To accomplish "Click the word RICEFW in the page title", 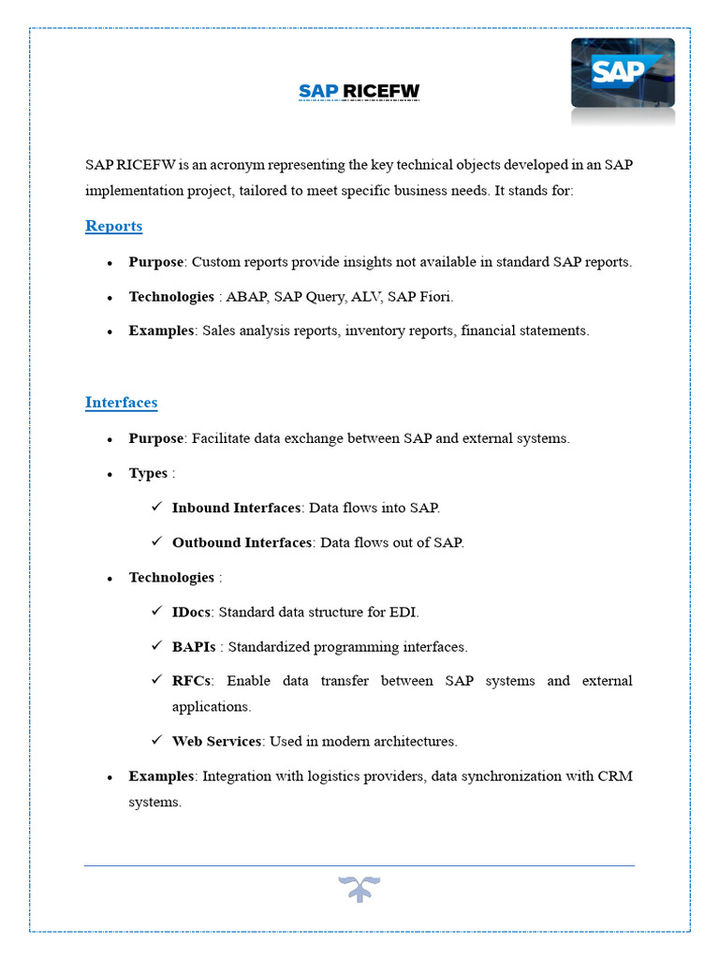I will [x=382, y=91].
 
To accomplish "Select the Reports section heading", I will [x=113, y=226].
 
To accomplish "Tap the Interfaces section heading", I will [x=121, y=402].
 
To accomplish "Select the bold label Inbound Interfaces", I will [x=237, y=508].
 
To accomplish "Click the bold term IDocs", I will [x=192, y=612].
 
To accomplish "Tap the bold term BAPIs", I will [x=194, y=646].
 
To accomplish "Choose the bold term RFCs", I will [x=191, y=681].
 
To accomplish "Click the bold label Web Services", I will [x=216, y=741].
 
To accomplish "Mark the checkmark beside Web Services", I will [x=157, y=741].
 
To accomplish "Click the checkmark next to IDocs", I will [x=157, y=612].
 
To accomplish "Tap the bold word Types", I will [x=148, y=473].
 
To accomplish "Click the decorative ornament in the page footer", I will [x=359, y=889].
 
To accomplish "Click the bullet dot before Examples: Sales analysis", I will [x=110, y=332].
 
